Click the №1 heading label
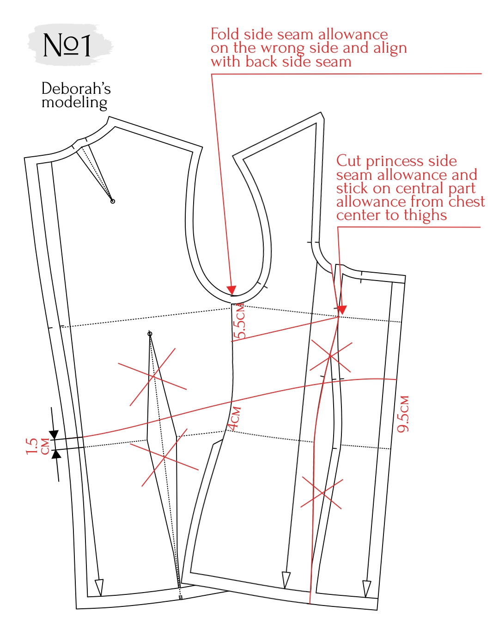point(67,45)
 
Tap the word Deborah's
point(76,88)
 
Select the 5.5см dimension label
point(240,321)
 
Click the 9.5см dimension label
point(403,414)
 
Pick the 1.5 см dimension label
point(38,446)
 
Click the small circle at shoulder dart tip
point(112,201)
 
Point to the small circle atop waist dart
point(150,334)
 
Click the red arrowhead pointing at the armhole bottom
point(231,290)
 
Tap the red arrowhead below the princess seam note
point(342,310)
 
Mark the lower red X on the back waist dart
point(164,458)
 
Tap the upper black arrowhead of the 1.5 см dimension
point(54,434)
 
